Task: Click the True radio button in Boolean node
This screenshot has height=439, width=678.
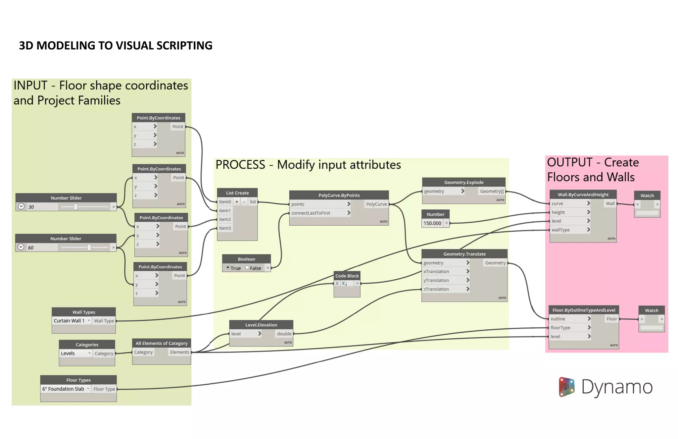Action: tap(228, 268)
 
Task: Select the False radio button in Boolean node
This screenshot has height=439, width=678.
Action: tap(247, 268)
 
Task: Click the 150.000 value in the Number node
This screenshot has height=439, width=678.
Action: tap(432, 223)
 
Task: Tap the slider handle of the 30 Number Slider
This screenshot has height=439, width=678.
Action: tap(76, 207)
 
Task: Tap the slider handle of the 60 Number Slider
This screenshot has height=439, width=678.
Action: tap(89, 247)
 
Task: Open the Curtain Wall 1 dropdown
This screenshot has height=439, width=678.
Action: tap(72, 321)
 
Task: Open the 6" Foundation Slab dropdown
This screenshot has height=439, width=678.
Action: tap(66, 389)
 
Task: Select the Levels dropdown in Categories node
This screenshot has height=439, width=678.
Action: tap(75, 354)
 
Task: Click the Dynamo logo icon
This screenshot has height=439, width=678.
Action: tap(566, 387)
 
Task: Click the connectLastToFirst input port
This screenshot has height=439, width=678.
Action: tap(311, 213)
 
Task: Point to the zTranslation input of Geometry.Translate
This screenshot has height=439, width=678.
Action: tap(436, 289)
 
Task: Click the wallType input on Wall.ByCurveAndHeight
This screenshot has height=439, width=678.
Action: tap(560, 230)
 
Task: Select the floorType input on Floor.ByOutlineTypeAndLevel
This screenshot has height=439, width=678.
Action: tap(560, 328)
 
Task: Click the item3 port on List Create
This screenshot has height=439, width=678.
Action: tap(225, 228)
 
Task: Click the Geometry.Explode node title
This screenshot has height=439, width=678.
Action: tap(463, 182)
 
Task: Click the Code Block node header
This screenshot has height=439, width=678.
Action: tap(347, 276)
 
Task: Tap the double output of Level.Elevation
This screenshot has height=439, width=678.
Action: tap(284, 334)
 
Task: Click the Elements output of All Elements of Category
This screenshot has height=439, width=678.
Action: tap(179, 352)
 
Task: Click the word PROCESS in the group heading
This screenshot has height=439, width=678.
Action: tap(240, 165)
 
